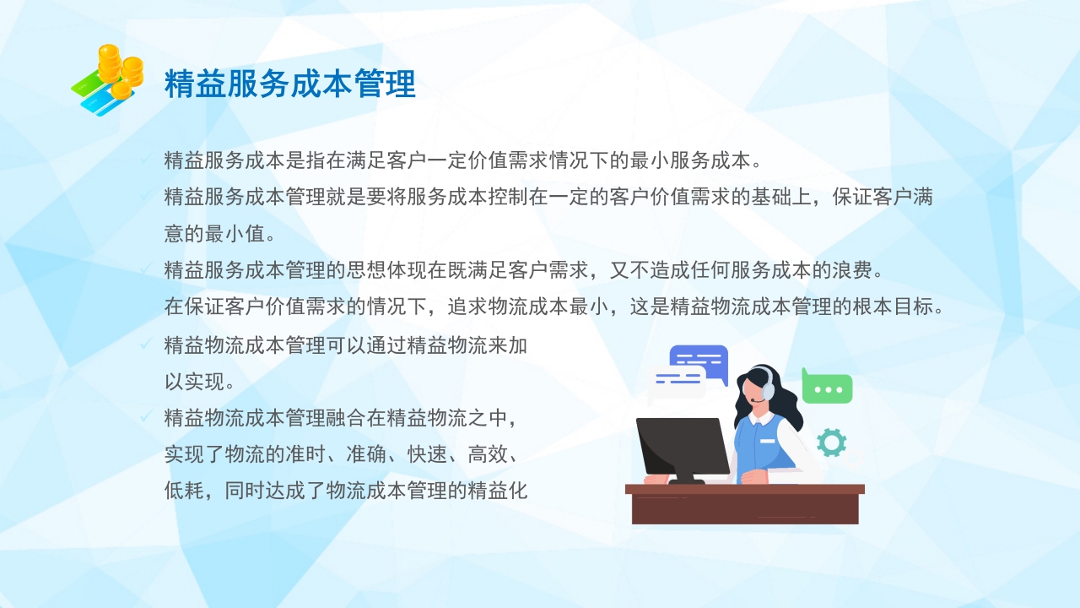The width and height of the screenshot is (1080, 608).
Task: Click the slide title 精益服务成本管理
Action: tap(289, 85)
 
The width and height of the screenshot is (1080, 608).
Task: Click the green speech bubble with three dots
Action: tap(828, 388)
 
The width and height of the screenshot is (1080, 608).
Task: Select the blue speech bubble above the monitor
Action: tap(699, 361)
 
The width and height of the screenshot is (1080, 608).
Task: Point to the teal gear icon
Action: tap(831, 442)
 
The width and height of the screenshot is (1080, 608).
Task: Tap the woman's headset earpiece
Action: tap(768, 391)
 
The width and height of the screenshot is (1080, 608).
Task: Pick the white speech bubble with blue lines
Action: tap(677, 382)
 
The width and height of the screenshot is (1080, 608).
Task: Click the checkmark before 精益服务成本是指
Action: tap(145, 159)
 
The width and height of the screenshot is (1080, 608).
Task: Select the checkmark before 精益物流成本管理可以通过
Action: tap(145, 344)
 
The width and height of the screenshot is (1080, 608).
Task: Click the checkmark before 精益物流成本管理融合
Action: tap(145, 416)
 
